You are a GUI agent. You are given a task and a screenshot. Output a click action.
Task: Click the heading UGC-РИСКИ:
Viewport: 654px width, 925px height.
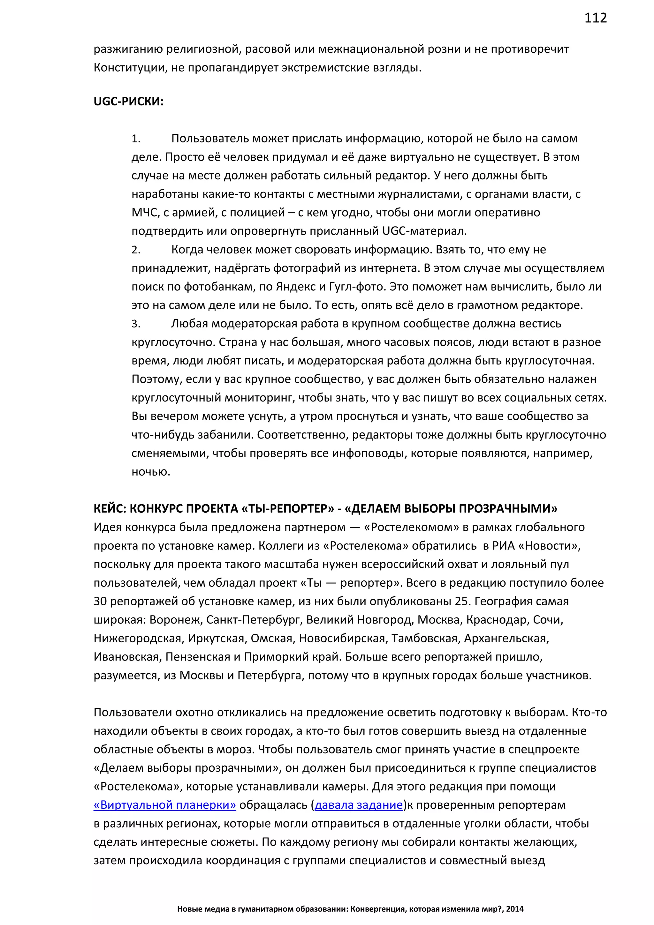coord(128,102)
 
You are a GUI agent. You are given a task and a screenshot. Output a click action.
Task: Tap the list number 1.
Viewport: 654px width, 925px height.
coord(136,139)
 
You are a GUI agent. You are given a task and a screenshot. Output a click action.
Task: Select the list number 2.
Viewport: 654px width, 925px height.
coord(136,250)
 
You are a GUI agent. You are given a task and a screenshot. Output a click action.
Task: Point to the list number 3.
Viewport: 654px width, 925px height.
coord(136,324)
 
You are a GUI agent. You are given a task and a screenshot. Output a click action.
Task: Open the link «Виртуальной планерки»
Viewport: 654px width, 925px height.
coord(165,805)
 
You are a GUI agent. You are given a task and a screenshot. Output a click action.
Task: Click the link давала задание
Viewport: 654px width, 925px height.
coord(358,805)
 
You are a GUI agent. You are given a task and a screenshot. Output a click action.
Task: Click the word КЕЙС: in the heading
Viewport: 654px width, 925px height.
coord(110,509)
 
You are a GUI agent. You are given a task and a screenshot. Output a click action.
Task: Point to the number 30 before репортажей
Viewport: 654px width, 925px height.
coord(100,601)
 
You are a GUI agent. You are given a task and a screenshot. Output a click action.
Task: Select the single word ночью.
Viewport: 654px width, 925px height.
coord(151,472)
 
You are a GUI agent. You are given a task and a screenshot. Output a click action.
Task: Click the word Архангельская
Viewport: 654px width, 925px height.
coord(506,638)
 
